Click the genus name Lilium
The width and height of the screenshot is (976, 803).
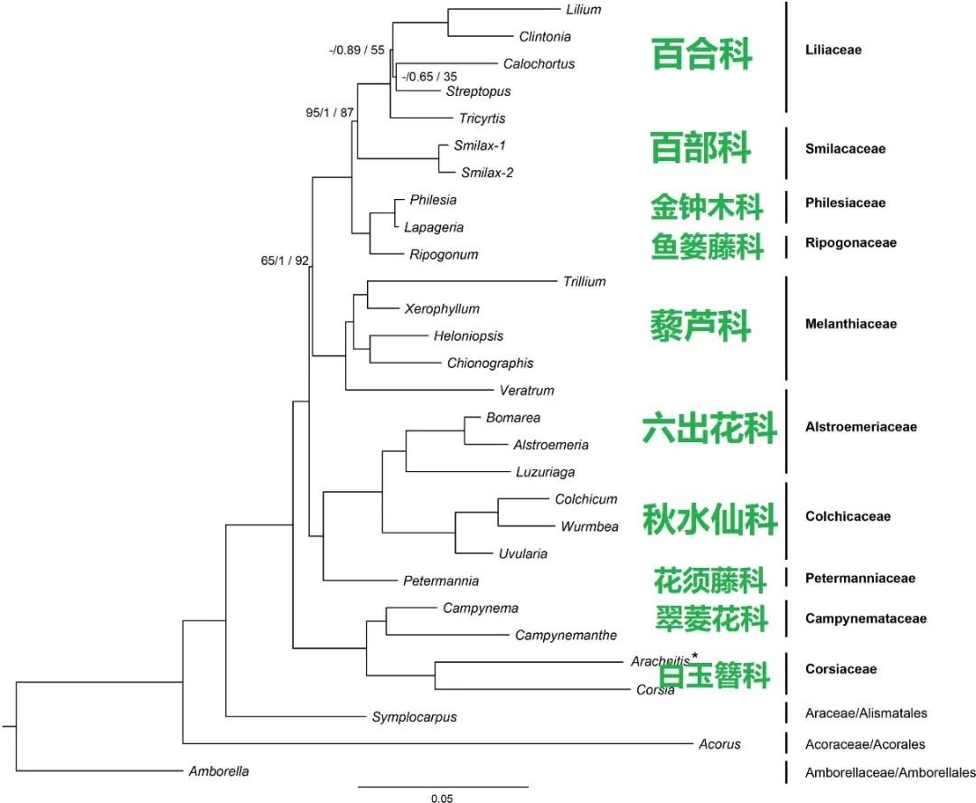click(x=583, y=10)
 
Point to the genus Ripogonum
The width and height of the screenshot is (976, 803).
click(x=444, y=254)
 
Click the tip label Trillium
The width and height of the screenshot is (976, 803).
click(x=584, y=281)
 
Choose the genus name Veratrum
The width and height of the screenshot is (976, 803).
click(x=526, y=391)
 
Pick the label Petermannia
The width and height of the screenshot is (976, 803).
click(x=441, y=581)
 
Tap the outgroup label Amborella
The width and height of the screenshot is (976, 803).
click(x=219, y=771)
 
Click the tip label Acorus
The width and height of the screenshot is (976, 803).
click(x=719, y=744)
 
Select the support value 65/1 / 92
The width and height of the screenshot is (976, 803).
click(x=286, y=261)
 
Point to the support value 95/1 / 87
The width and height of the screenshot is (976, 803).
click(x=329, y=113)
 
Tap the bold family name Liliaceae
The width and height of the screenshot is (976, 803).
click(x=833, y=50)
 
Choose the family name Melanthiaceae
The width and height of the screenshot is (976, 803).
click(x=850, y=324)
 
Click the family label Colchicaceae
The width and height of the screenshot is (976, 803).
click(x=848, y=516)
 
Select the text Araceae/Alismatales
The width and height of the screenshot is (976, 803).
click(x=866, y=713)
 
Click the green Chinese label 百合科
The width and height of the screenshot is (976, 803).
click(x=702, y=54)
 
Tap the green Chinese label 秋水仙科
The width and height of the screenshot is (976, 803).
click(x=709, y=519)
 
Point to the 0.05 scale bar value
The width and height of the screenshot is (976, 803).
click(x=442, y=798)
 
